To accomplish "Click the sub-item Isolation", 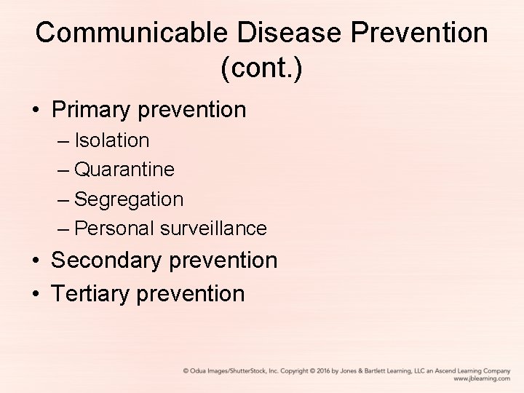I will coord(112,140).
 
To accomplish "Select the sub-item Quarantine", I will coord(124,170).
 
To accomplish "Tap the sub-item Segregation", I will coord(129,199).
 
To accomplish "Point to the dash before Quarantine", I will coord(63,170).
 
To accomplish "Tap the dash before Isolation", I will coord(63,140).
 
